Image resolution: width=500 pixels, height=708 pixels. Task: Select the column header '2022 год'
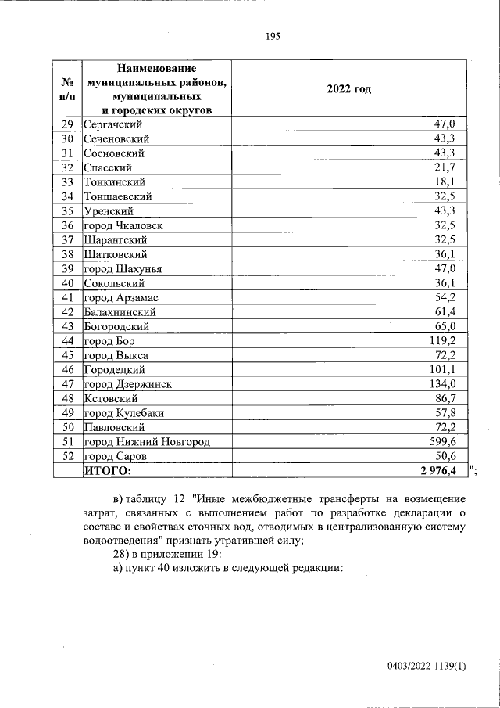tap(349, 89)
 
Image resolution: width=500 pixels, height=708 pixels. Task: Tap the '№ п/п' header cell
tap(67, 89)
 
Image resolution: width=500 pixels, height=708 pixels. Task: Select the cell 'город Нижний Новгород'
tap(147, 442)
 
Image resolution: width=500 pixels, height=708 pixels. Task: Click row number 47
tap(67, 384)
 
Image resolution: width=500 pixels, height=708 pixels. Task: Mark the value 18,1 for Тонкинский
tap(455, 181)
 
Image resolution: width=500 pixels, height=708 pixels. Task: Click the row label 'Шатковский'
tap(116, 254)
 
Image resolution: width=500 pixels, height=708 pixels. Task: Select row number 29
tap(67, 124)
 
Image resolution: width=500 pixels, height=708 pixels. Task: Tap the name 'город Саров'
tap(115, 456)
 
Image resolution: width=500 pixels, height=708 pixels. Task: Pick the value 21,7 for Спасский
tap(455, 167)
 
